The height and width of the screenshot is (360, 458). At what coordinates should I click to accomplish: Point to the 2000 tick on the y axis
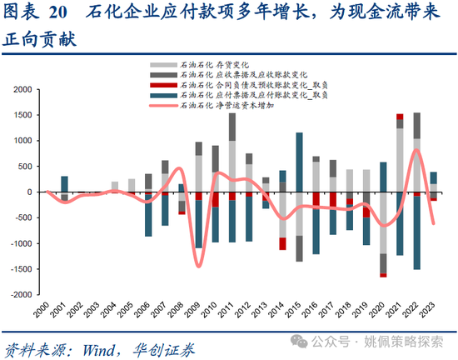[24, 89]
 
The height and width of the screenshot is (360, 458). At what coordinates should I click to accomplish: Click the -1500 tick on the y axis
[22, 269]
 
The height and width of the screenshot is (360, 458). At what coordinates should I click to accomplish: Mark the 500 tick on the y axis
[27, 167]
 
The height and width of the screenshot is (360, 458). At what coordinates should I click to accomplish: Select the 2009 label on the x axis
[198, 310]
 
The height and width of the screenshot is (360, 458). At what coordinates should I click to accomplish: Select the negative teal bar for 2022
[416, 233]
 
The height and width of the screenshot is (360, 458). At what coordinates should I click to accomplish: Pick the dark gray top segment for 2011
[231, 126]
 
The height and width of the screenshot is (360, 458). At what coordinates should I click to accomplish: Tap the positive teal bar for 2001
[64, 184]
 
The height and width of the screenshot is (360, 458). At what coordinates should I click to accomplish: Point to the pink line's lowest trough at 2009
[199, 266]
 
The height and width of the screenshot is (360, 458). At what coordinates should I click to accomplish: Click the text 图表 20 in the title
[34, 13]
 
